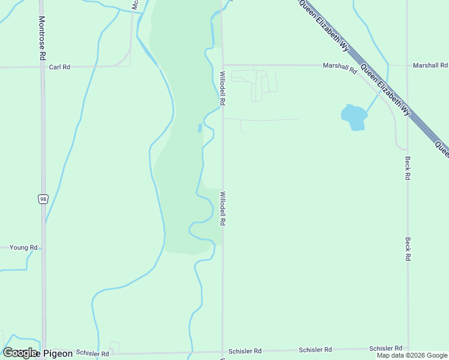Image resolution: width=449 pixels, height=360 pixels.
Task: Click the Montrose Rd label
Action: [42, 38]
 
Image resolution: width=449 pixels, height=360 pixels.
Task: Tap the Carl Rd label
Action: [59, 67]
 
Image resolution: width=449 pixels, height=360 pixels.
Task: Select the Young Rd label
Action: [24, 247]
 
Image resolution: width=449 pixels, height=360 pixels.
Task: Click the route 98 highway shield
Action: [43, 199]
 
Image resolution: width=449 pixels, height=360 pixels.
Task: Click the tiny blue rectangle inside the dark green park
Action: [199, 128]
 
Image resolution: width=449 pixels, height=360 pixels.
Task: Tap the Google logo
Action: [20, 353]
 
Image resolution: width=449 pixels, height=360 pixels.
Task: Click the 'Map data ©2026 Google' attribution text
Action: [412, 355]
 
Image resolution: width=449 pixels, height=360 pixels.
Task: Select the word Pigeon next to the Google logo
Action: [57, 353]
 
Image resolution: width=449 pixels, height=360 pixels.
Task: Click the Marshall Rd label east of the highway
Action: [430, 65]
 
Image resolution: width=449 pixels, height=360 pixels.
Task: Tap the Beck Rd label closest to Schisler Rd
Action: [408, 248]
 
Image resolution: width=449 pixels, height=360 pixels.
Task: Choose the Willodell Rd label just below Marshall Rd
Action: [222, 89]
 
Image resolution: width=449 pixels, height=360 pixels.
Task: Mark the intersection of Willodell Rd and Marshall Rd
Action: [223, 65]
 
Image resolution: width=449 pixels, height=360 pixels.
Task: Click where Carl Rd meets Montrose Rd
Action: [43, 67]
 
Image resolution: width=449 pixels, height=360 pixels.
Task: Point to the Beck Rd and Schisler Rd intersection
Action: [408, 349]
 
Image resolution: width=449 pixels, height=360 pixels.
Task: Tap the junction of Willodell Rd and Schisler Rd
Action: [223, 352]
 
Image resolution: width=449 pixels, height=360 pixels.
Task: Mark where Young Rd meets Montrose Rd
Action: [43, 247]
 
